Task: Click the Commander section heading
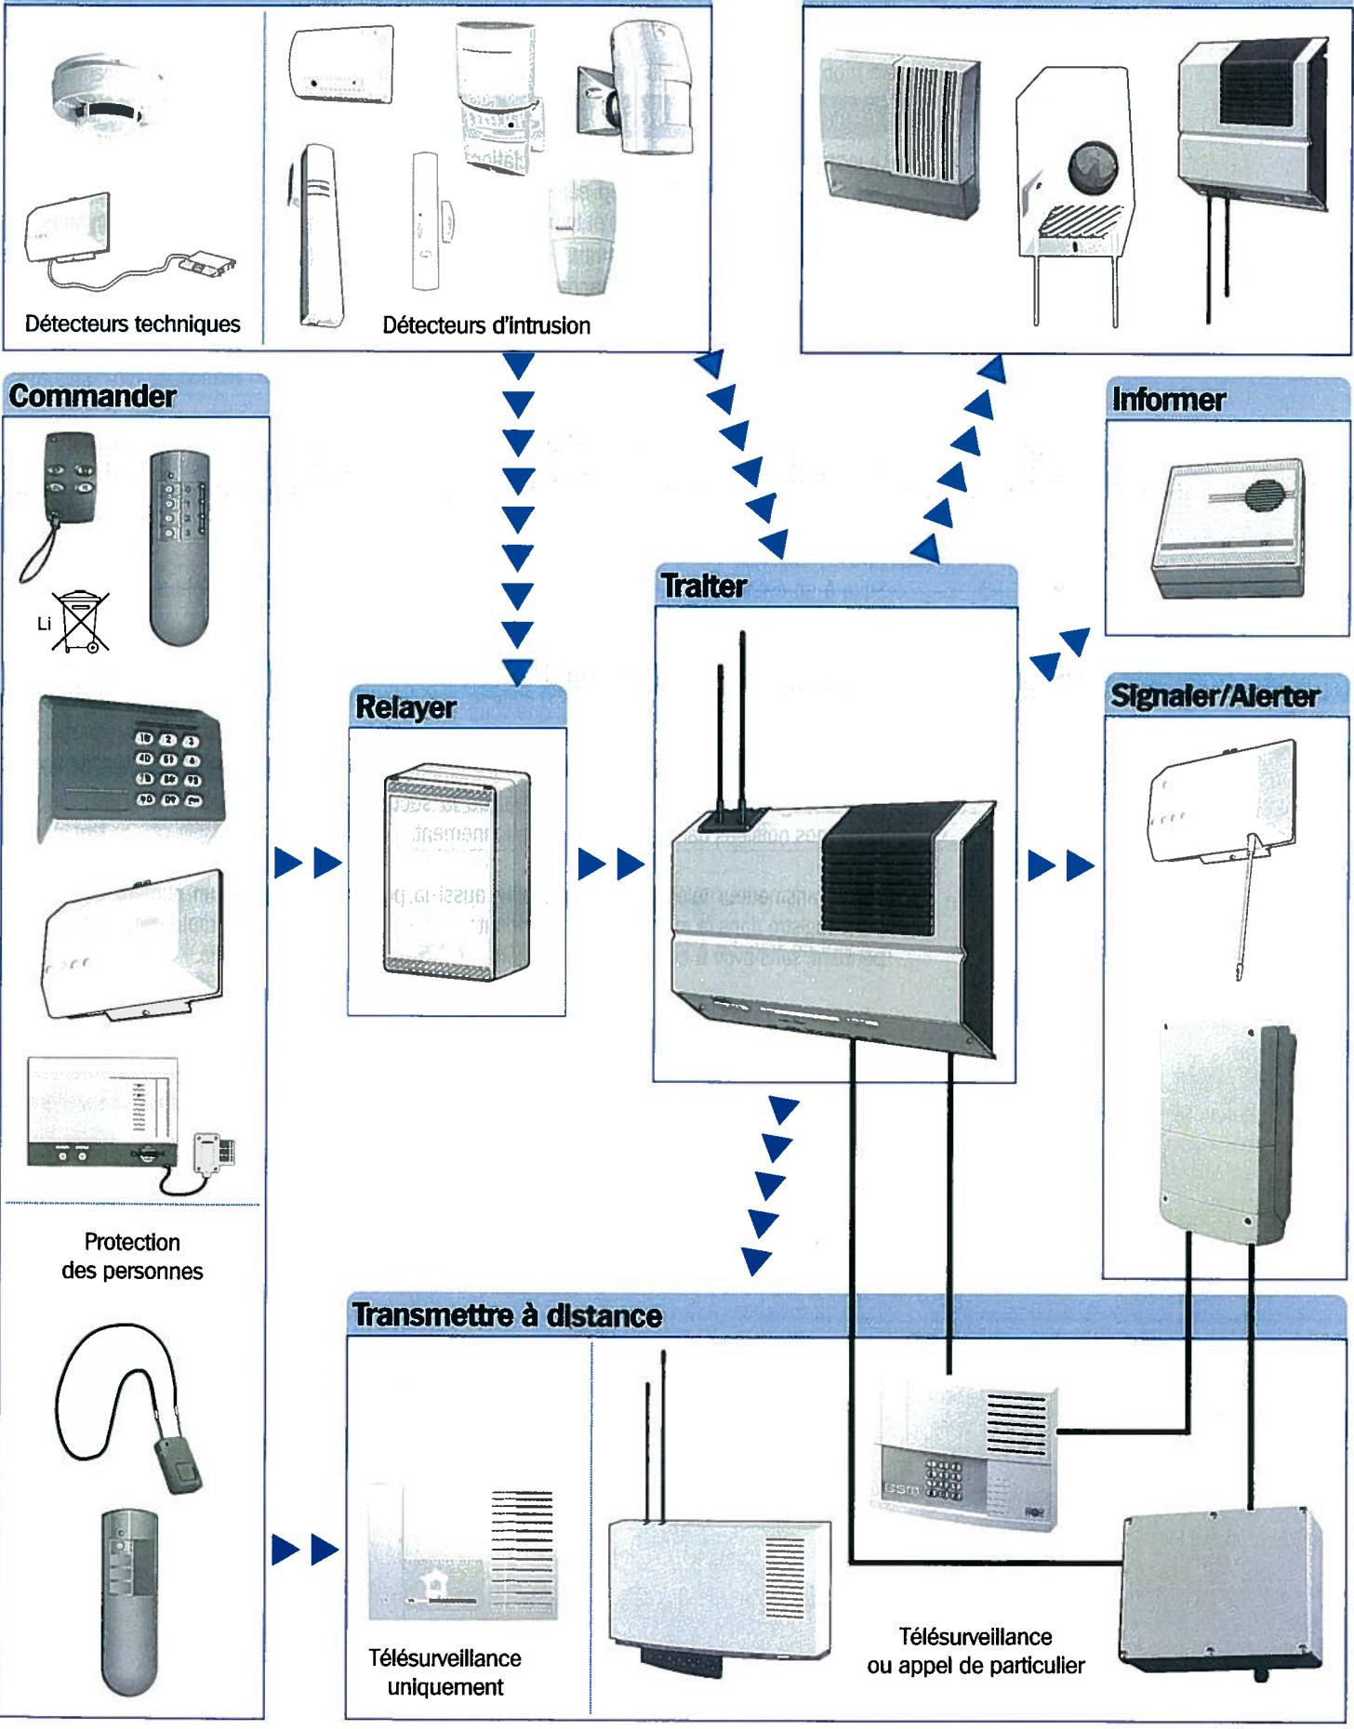93,397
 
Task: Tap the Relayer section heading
405,707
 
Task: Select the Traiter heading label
704,587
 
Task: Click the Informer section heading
1168,400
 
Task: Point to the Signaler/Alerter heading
1215,696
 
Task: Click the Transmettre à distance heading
507,1315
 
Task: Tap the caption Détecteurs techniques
132,323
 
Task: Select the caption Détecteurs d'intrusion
485,325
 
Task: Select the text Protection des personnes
132,1257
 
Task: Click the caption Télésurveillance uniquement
445,1672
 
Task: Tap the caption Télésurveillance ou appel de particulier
976,1650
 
